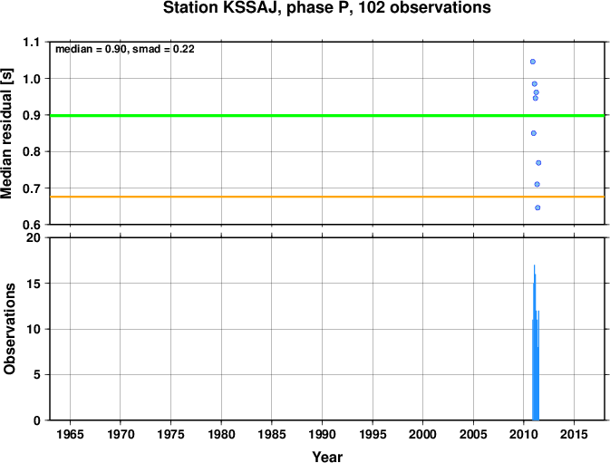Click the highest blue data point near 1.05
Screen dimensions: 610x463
tap(533, 62)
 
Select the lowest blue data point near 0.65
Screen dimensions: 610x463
tap(537, 207)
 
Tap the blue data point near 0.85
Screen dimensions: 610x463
tap(534, 133)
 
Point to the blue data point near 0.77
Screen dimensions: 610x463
tap(538, 163)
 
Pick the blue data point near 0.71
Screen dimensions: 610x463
tap(537, 184)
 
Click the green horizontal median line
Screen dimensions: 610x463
tap(327, 115)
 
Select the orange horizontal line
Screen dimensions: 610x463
tap(327, 197)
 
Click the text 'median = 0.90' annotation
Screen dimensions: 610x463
tap(91, 49)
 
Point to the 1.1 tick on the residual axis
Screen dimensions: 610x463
tap(31, 42)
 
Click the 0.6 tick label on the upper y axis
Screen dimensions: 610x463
tap(31, 225)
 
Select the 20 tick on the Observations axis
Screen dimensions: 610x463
tap(34, 237)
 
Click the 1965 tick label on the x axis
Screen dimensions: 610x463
tap(70, 434)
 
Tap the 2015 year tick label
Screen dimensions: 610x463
tap(574, 434)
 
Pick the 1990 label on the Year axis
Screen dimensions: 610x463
tap(322, 434)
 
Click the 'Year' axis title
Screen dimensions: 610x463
tap(327, 457)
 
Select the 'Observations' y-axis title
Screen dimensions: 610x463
tap(9, 329)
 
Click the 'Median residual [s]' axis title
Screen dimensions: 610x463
tap(7, 133)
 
